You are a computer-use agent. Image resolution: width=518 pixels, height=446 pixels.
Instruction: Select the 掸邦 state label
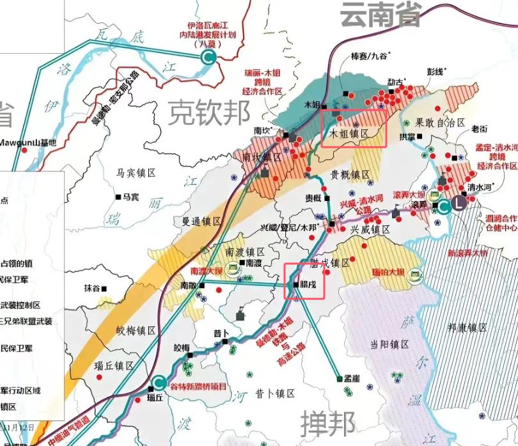[327, 423]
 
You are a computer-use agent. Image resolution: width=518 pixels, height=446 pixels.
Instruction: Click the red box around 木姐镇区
[353, 129]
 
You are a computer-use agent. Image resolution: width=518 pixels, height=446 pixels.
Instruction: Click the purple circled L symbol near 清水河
[459, 205]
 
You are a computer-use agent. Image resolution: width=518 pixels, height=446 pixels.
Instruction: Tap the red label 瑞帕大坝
[388, 273]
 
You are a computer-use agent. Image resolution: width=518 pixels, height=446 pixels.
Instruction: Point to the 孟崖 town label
[352, 379]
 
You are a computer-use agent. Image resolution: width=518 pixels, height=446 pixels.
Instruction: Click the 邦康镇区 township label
[467, 328]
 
